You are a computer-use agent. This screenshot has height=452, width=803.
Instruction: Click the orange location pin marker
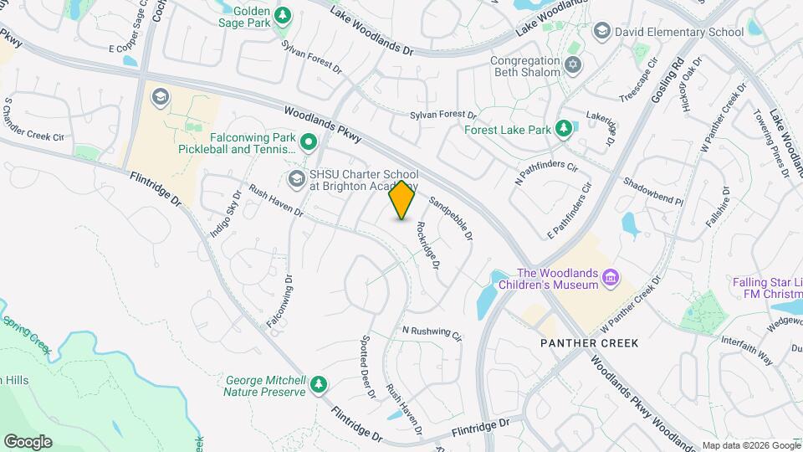click(402, 200)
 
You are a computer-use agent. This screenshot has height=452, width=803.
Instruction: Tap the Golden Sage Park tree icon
click(283, 14)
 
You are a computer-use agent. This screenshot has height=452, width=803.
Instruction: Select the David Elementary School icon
click(601, 32)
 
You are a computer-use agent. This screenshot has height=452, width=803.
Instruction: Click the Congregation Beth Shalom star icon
click(574, 65)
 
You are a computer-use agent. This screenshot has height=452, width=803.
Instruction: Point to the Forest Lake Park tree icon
click(564, 129)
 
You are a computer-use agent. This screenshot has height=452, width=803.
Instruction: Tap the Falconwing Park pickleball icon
click(308, 142)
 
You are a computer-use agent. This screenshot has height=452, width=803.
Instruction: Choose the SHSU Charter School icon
click(296, 178)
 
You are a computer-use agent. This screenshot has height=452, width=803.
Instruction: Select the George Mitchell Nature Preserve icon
click(318, 384)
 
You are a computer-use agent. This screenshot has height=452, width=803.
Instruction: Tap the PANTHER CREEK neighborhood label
click(590, 343)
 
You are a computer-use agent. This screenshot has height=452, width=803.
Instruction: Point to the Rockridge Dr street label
click(427, 248)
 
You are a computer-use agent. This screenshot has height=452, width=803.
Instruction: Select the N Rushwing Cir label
click(432, 333)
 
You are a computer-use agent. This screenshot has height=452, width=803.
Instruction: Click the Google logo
click(28, 442)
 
